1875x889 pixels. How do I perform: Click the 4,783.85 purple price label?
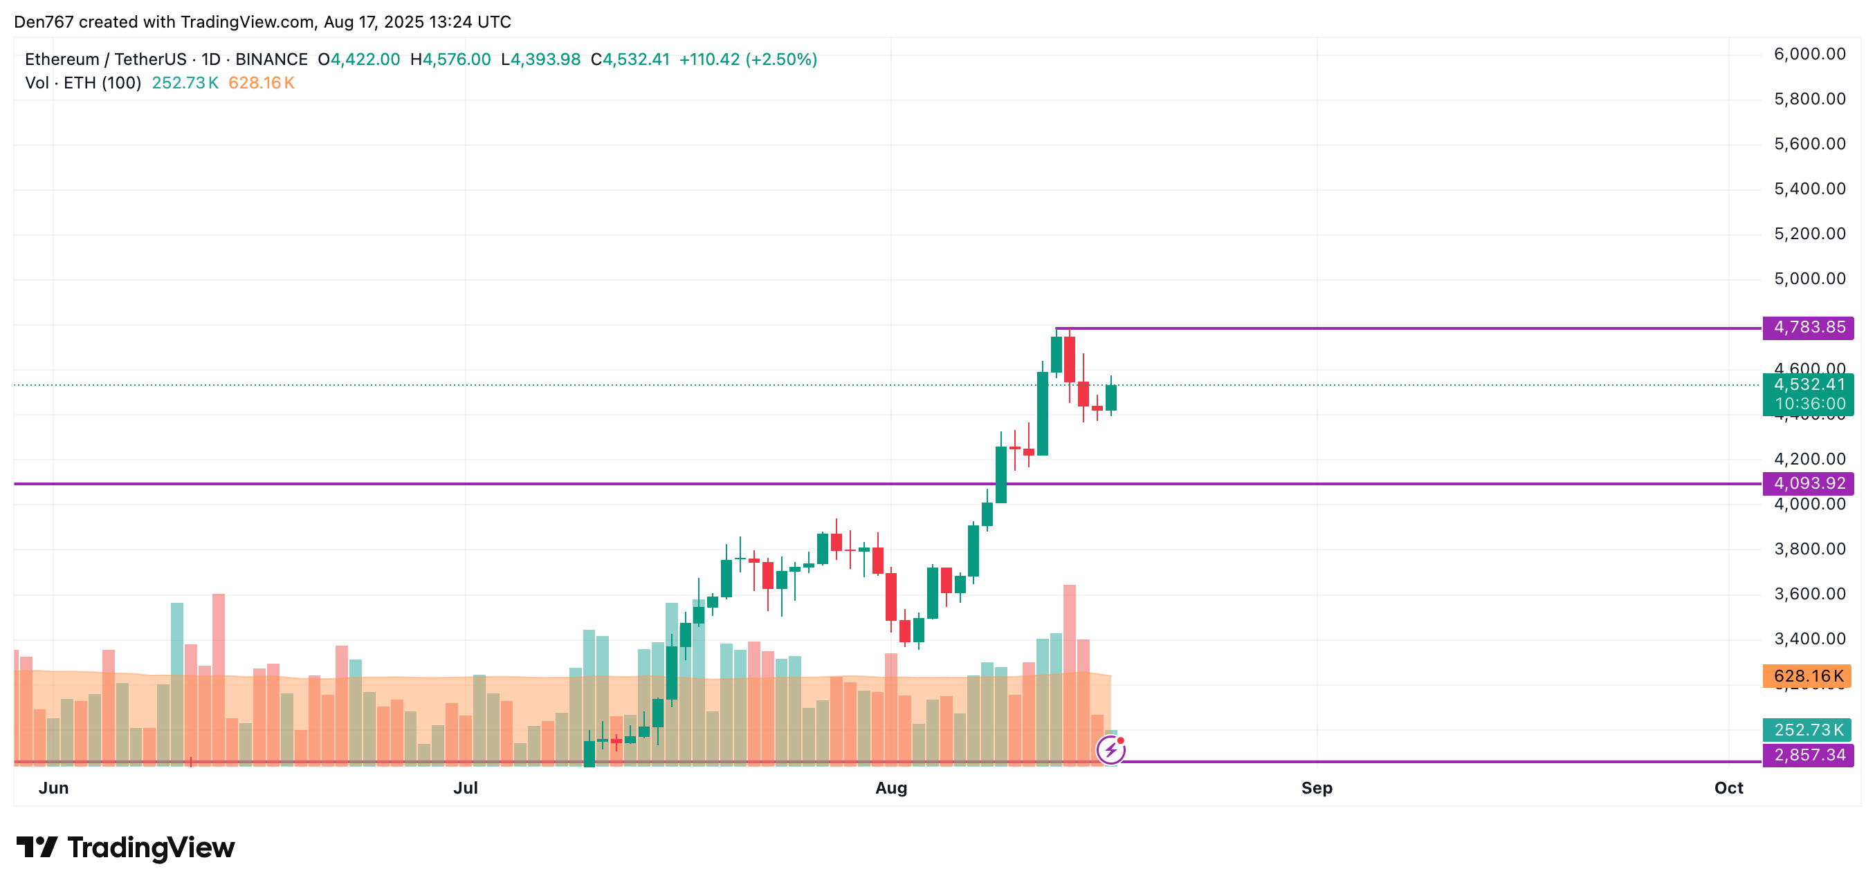[1808, 328]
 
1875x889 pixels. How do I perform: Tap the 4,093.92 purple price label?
[1808, 483]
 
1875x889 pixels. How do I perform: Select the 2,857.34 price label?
[1808, 755]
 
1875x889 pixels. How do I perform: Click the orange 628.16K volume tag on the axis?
[1807, 676]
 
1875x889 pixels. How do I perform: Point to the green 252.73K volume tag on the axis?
[1807, 730]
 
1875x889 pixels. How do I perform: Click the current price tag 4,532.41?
[1808, 385]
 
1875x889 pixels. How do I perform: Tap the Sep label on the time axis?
[1317, 788]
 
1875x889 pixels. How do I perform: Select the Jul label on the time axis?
[466, 788]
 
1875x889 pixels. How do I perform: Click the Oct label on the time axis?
[1729, 788]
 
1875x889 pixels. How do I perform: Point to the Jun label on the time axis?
[54, 788]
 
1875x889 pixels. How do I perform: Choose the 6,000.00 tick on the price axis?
[1809, 54]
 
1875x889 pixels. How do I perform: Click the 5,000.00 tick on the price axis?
[1809, 279]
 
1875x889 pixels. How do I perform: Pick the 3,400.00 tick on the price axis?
[1809, 639]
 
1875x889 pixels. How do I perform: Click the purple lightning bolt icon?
[1110, 749]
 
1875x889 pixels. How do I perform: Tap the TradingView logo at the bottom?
[126, 848]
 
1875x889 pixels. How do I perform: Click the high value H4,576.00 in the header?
[450, 59]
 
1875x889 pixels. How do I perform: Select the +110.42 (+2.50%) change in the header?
[747, 59]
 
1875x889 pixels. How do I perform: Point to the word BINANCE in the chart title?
[271, 59]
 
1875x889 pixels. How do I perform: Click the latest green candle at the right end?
[1110, 398]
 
